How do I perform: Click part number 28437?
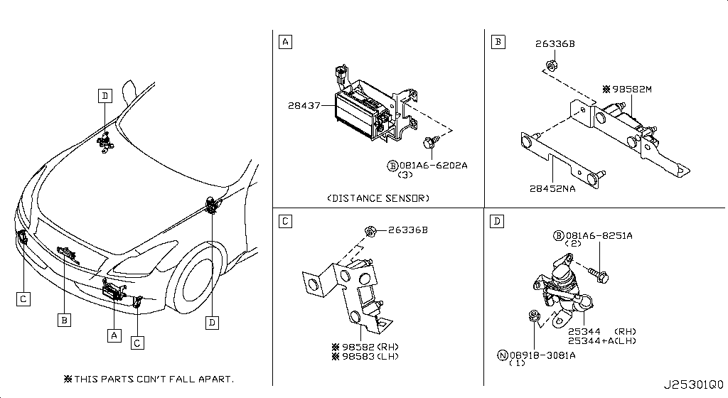tap(304, 105)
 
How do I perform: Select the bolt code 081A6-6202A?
tap(433, 165)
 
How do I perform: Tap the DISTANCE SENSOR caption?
tap(378, 198)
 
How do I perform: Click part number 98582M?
tap(632, 89)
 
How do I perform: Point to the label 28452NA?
tap(552, 188)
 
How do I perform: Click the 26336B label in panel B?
tap(555, 43)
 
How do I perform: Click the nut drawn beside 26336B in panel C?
tap(370, 230)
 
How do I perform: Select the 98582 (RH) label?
tap(370, 347)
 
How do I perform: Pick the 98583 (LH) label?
tap(370, 356)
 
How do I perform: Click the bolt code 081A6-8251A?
tap(599, 235)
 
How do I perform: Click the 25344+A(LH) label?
tap(602, 341)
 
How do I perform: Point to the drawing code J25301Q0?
tap(694, 385)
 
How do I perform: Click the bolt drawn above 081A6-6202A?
tap(430, 141)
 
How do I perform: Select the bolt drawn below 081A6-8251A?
tap(599, 274)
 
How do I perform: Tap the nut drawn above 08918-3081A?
tap(534, 316)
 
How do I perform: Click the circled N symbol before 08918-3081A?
tap(503, 355)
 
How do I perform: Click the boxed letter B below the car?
tap(64, 320)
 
